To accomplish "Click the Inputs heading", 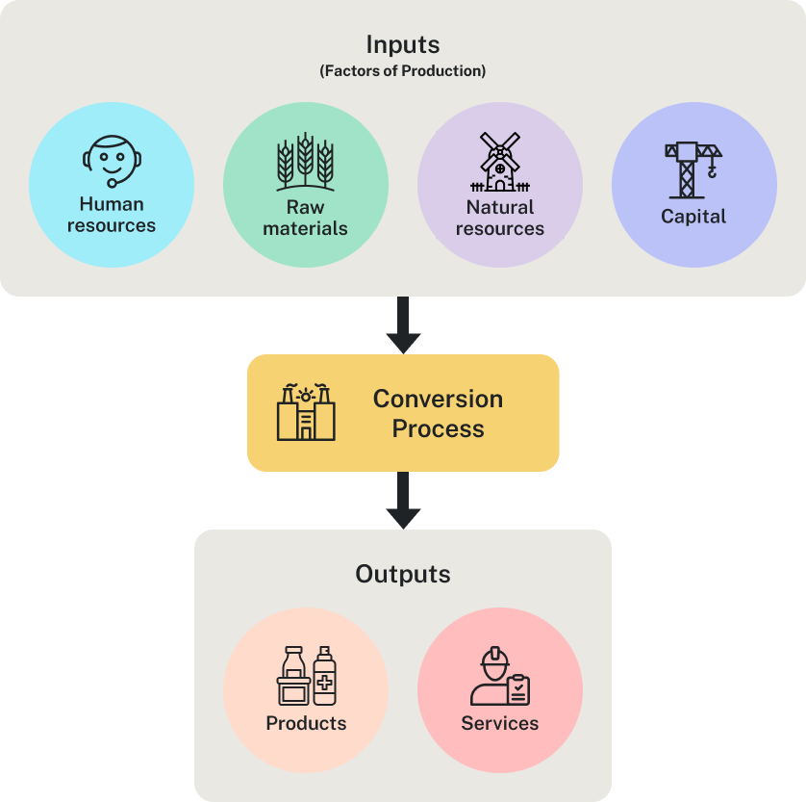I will click(403, 45).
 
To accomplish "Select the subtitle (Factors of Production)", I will click(403, 70).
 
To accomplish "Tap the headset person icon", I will click(111, 161).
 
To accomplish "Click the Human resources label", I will click(112, 215).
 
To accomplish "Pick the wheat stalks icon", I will click(305, 162).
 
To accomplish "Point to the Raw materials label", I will click(306, 218).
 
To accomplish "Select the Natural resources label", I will click(500, 218).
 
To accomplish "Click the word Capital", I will click(693, 217).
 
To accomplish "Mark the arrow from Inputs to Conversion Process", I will click(403, 325).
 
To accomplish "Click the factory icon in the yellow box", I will click(306, 413).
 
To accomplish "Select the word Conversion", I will click(438, 399).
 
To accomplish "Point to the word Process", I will click(438, 428).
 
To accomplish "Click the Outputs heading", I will click(403, 575).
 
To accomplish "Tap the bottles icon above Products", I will click(306, 675).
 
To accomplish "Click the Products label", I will click(306, 723).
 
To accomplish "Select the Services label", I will click(500, 723).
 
